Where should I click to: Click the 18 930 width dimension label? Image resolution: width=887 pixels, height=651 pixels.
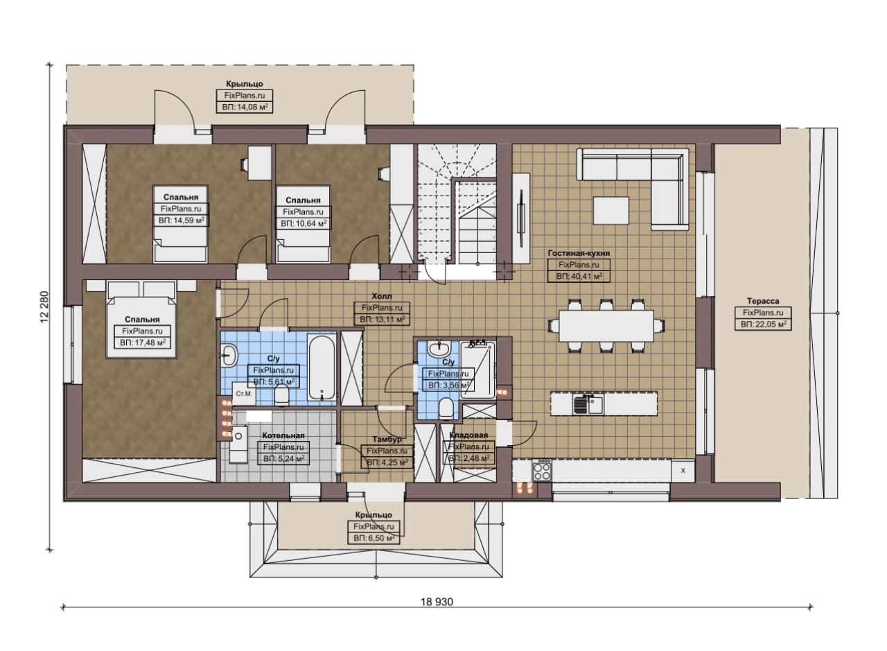coord(437,602)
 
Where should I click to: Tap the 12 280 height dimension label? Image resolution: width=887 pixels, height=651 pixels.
coord(45,307)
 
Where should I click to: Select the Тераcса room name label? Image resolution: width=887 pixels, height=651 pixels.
coord(763,301)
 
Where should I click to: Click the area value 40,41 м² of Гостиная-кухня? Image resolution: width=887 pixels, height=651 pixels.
coord(579,276)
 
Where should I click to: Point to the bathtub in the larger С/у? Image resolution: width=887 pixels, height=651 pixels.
coord(322,367)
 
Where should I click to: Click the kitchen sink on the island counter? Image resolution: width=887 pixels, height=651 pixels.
coord(588,404)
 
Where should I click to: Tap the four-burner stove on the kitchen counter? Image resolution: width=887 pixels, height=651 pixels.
coord(542,471)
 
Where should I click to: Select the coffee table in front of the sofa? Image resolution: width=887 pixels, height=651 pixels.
coord(611,211)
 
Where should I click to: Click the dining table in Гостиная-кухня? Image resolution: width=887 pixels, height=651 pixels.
coord(606,326)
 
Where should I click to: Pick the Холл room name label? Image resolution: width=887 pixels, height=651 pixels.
coord(382,296)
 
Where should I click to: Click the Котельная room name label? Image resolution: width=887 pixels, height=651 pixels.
coord(283,435)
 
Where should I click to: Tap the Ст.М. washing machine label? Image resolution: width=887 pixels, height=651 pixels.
coord(244,394)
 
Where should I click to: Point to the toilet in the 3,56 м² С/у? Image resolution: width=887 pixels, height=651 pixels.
coord(446,408)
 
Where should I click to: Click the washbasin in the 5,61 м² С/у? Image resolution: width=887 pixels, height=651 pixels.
coord(229,355)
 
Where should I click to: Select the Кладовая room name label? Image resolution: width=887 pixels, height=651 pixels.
coord(468,435)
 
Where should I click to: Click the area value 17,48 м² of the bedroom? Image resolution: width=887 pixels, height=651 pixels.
coord(143,342)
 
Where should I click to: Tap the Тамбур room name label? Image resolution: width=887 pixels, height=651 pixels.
coord(387,439)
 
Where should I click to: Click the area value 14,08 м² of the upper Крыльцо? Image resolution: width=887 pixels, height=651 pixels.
coord(245,107)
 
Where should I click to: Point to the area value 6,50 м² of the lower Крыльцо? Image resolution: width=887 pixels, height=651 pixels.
coord(374,539)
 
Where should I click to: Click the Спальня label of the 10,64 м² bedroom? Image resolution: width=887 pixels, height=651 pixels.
coord(303,200)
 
